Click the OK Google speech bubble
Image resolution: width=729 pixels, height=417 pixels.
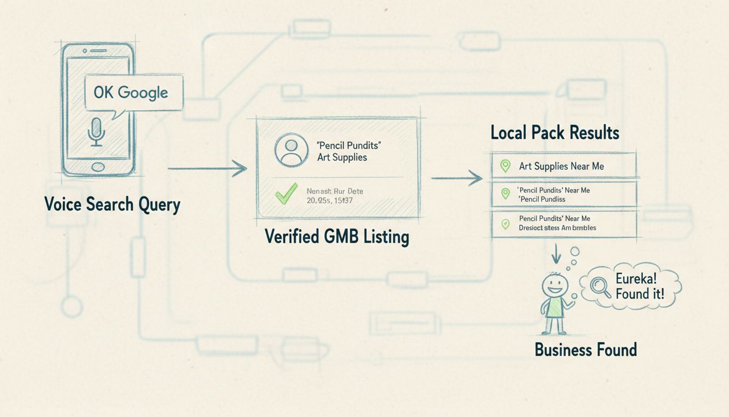[x=133, y=93]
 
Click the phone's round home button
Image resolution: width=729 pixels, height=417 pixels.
[x=98, y=166]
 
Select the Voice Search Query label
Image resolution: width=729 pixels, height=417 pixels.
[x=112, y=205]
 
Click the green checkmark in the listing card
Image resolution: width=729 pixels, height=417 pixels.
[x=286, y=194]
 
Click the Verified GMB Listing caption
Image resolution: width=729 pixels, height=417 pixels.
[x=337, y=237]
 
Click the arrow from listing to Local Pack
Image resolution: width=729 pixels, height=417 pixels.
[x=456, y=178]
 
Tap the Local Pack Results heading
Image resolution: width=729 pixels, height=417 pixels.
[x=555, y=132]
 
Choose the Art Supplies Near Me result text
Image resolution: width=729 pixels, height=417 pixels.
[x=561, y=166]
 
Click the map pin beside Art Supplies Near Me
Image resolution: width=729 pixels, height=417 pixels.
[x=505, y=166]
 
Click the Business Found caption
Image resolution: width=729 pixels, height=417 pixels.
[x=586, y=349]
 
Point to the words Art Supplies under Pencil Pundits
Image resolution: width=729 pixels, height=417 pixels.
[x=342, y=157]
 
